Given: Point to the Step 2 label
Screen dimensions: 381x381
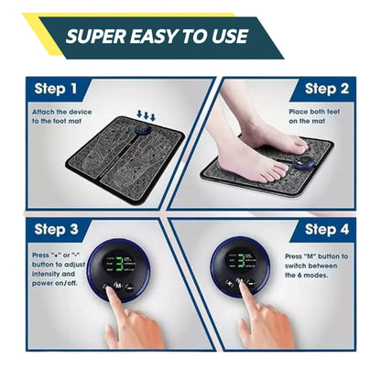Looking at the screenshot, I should pos(326,90).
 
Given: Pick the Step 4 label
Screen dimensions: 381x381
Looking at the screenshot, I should pos(326,228).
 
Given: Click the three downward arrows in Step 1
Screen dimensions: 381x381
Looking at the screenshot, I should pos(147,115).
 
